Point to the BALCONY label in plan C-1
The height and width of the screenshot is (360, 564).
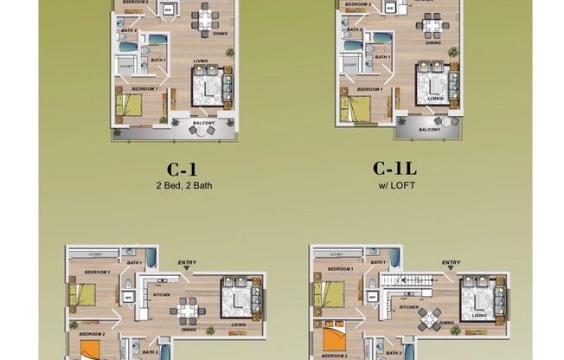point(203,123)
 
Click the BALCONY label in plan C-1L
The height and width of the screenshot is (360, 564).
point(429,129)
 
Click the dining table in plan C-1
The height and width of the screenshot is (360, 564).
point(205,19)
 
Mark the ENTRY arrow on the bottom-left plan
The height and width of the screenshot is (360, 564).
point(187,268)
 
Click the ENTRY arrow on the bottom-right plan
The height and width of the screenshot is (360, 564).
point(450,268)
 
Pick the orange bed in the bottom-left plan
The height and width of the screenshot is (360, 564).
point(91,349)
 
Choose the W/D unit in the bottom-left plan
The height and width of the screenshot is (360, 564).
point(128,298)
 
